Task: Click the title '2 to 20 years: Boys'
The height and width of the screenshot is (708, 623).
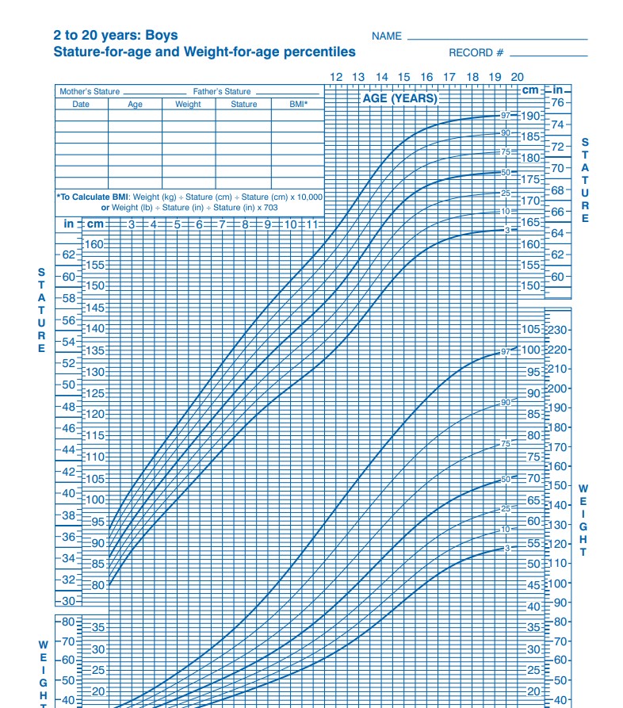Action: (x=116, y=36)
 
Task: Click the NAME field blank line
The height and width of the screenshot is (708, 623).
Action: (x=497, y=39)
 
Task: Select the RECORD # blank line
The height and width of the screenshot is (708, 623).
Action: (x=548, y=55)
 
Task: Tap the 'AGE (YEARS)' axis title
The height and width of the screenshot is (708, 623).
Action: (x=399, y=99)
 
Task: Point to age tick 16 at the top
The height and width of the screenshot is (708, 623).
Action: (x=426, y=77)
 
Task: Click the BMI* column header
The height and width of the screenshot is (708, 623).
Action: (x=296, y=104)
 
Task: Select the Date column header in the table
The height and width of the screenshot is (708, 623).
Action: (x=81, y=104)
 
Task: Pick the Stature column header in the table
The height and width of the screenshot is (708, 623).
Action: (x=243, y=104)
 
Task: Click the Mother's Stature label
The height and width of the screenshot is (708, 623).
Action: (x=90, y=92)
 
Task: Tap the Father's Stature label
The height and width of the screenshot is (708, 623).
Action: (x=221, y=92)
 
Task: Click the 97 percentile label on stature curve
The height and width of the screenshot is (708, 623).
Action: (x=505, y=116)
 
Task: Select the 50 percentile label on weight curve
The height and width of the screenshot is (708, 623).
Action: (x=505, y=480)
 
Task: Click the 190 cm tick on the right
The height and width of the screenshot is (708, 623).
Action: (x=530, y=116)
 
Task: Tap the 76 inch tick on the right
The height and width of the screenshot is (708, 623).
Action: (x=558, y=103)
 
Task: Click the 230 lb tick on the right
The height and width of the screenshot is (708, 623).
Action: (x=558, y=331)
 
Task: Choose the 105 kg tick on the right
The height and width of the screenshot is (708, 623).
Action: (x=530, y=330)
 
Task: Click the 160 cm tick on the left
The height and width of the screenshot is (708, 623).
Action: (x=94, y=244)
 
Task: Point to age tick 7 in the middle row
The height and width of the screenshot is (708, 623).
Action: (x=223, y=224)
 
